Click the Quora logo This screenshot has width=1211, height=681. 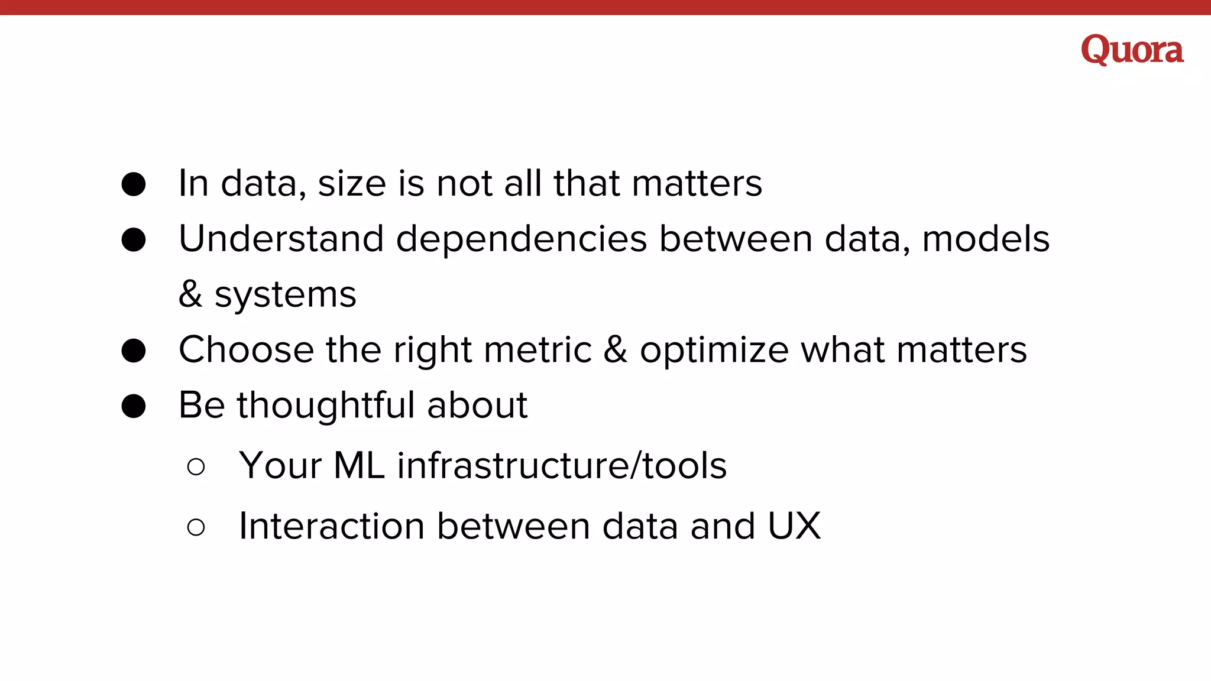1132,49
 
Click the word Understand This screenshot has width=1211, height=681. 281,239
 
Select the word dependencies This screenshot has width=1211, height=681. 521,239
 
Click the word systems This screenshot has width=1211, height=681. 285,294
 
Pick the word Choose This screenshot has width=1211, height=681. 246,349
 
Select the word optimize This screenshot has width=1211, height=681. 714,351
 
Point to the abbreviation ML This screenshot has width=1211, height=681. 359,465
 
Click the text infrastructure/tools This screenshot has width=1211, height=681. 562,465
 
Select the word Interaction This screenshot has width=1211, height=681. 332,526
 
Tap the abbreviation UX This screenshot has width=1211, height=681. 794,526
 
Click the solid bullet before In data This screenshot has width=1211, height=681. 134,184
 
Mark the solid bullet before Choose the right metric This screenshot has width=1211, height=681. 134,351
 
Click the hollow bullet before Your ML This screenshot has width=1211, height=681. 196,466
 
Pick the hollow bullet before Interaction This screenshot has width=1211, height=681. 196,527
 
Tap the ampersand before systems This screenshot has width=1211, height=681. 190,294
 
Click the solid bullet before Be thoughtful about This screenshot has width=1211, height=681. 134,406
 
